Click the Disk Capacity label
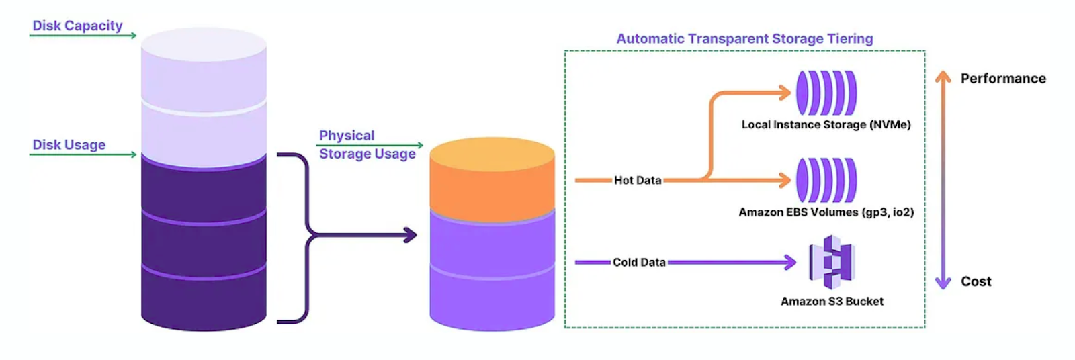(x=77, y=26)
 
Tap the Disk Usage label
(x=69, y=144)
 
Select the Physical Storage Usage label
(x=367, y=144)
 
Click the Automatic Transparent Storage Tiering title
(x=744, y=39)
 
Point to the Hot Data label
(x=637, y=180)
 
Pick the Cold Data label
(x=638, y=262)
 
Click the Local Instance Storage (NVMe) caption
(x=826, y=124)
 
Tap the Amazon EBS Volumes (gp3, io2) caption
(x=826, y=212)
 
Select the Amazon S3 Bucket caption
(x=832, y=302)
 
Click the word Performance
(x=1002, y=79)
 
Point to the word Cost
(x=976, y=281)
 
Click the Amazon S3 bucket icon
(x=832, y=262)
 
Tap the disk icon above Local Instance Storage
(x=826, y=93)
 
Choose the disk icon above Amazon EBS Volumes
(x=826, y=180)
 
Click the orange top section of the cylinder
(x=492, y=178)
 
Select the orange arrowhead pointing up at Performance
(x=943, y=77)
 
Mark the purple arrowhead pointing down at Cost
(x=943, y=283)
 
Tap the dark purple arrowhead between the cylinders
(x=409, y=235)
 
